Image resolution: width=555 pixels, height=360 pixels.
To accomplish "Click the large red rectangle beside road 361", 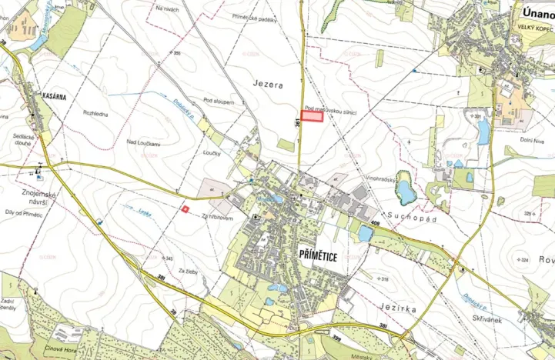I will tap(311, 117).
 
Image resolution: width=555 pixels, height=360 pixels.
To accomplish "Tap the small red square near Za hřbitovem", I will tap(184, 208).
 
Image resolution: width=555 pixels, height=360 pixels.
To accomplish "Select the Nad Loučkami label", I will tap(143, 144).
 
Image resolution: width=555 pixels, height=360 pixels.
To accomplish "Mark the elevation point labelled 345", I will tap(168, 258).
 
